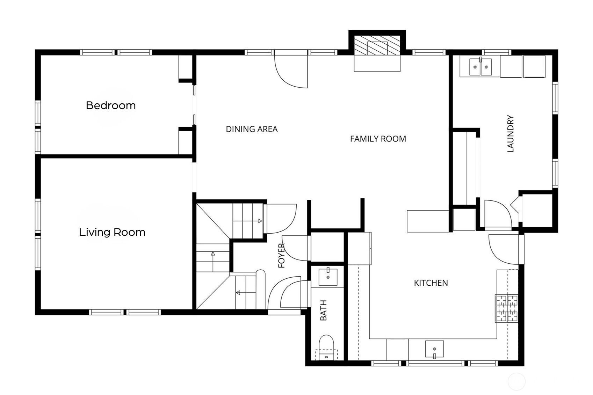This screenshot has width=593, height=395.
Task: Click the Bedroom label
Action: [110, 105]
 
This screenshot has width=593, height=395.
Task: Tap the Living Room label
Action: [112, 232]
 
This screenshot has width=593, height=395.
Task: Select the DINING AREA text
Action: [252, 129]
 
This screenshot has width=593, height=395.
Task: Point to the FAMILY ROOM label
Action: [378, 139]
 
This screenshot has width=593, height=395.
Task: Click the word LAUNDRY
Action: [511, 134]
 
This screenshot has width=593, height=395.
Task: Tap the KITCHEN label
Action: [431, 283]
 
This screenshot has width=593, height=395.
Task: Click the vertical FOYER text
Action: [282, 256]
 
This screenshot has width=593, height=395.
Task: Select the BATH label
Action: [324, 310]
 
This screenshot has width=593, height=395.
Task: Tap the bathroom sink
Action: [328, 277]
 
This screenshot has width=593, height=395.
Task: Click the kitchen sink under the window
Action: [434, 349]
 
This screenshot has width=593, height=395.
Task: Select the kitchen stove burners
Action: [507, 308]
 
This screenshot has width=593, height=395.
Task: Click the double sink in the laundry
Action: [480, 67]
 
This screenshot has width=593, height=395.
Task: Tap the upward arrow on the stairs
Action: [213, 254]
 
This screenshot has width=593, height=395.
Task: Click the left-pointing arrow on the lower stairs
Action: [238, 293]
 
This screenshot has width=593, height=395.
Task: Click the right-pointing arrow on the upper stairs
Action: [260, 221]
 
